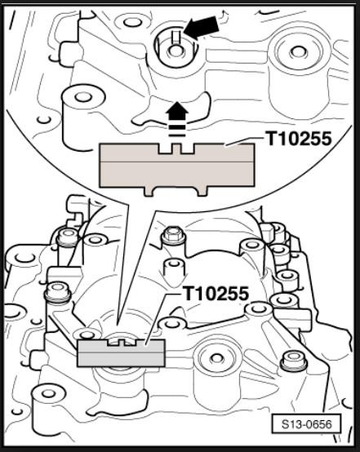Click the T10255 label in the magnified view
299,139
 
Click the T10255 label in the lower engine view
216,294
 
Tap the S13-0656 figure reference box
306,424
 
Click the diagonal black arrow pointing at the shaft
202,27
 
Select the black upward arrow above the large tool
177,113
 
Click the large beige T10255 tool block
176,167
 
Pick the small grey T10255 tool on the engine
121,352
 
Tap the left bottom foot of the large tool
149,192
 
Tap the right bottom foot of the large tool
202,192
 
